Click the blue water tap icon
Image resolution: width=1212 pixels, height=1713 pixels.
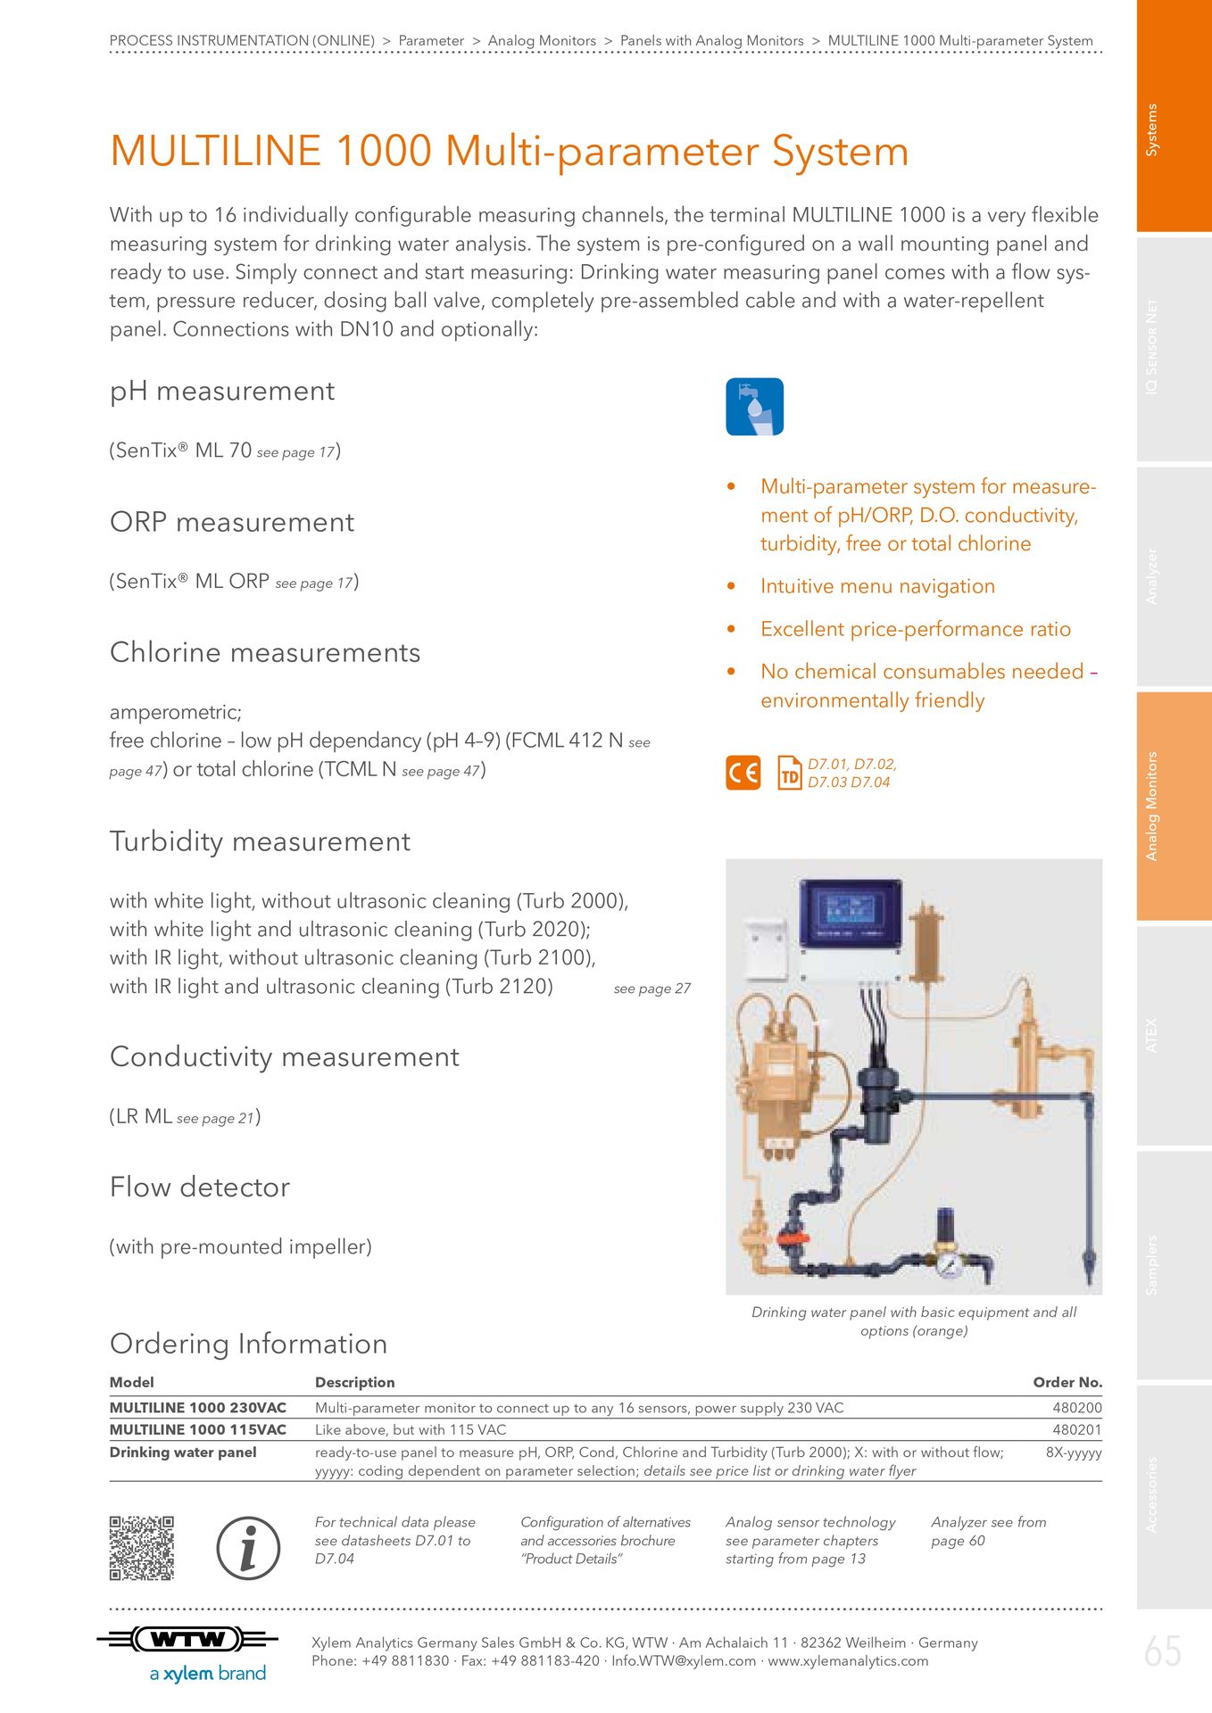(754, 407)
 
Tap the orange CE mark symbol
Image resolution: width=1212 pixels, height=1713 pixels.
(743, 773)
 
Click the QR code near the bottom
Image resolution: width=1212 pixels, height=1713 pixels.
(141, 1548)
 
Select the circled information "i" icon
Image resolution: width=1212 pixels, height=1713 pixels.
(248, 1548)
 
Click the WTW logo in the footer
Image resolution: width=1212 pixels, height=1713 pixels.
(187, 1639)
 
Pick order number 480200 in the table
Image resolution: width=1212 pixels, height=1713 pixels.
(1076, 1408)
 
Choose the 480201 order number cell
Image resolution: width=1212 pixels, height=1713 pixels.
(1076, 1429)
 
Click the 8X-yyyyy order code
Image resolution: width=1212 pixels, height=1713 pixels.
(1073, 1452)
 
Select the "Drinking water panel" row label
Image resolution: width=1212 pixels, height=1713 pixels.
(183, 1452)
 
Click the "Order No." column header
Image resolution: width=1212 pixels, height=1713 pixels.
(1067, 1382)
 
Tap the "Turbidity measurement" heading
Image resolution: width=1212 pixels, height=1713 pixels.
(260, 841)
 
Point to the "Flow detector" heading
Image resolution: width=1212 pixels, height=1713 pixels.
(200, 1188)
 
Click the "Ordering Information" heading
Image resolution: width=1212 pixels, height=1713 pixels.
(248, 1344)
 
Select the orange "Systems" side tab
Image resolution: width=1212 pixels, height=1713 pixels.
(1174, 117)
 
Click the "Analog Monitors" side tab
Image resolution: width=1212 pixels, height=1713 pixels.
(1174, 806)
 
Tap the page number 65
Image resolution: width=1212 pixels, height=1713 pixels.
(1162, 1651)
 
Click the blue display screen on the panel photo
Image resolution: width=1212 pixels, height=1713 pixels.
(851, 912)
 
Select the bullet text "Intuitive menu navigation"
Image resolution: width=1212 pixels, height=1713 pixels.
(877, 586)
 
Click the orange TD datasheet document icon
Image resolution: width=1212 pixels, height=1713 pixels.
(790, 773)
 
